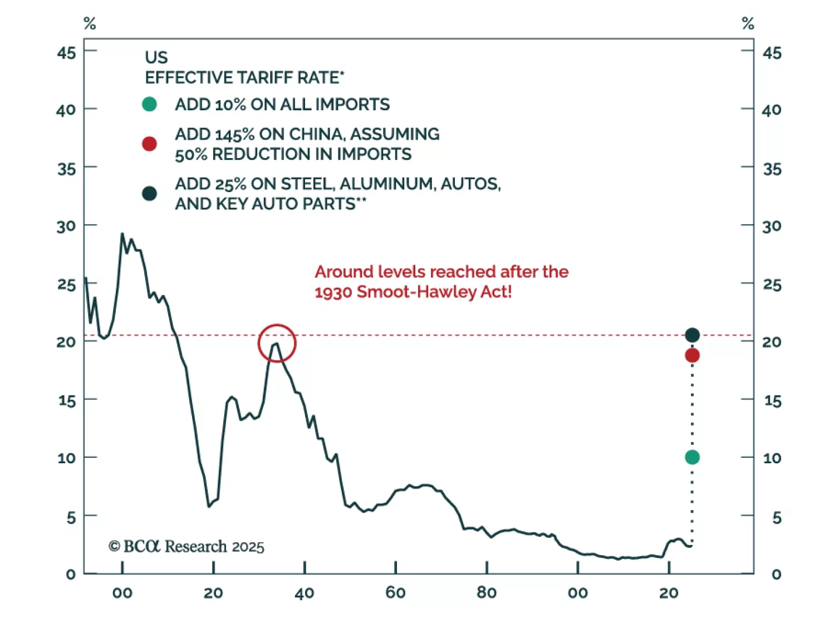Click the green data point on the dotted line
pyautogui.click(x=692, y=457)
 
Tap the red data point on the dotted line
pyautogui.click(x=692, y=355)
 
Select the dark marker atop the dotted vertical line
pyautogui.click(x=692, y=335)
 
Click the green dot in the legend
pyautogui.click(x=149, y=104)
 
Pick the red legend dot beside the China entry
pyautogui.click(x=149, y=144)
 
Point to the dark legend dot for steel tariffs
pyautogui.click(x=149, y=193)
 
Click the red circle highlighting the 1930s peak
pyautogui.click(x=277, y=343)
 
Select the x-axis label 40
pyautogui.click(x=305, y=593)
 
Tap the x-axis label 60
pyautogui.click(x=395, y=592)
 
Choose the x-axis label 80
pyautogui.click(x=487, y=592)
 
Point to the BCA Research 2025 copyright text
pyautogui.click(x=187, y=546)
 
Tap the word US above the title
pyautogui.click(x=156, y=57)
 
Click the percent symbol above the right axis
pyautogui.click(x=748, y=23)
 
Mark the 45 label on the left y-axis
pyautogui.click(x=66, y=53)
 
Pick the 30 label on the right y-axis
pyautogui.click(x=772, y=226)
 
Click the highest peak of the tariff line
pyautogui.click(x=122, y=234)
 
